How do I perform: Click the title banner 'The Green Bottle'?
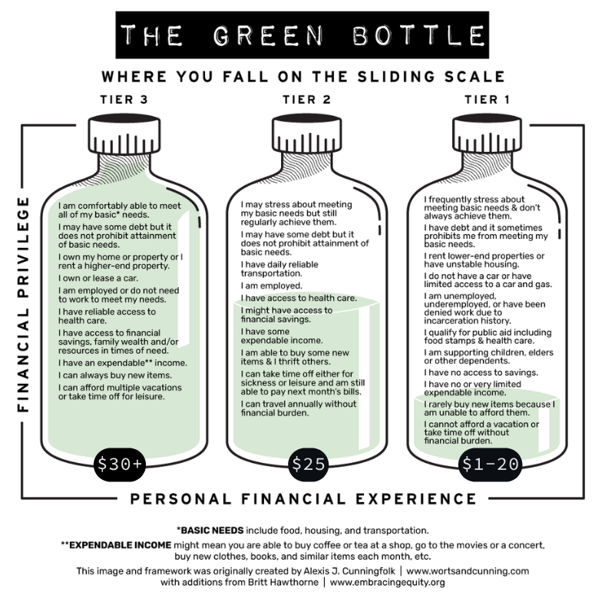click(x=302, y=35)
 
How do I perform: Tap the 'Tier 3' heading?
click(x=124, y=100)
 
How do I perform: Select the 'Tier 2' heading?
click(x=307, y=100)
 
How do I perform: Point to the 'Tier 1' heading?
click(x=488, y=100)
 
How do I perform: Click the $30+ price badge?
click(x=120, y=464)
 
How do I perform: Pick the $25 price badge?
click(x=309, y=464)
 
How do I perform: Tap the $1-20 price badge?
click(x=490, y=464)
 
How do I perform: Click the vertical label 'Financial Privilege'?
click(x=23, y=305)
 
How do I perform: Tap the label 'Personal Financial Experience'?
click(x=303, y=499)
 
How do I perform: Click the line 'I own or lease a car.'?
click(x=98, y=278)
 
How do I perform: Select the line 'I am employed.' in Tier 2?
click(x=272, y=286)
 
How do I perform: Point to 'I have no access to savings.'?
click(x=481, y=372)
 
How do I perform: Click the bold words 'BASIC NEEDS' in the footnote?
click(x=212, y=531)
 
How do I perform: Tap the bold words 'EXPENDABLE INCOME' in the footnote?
click(x=121, y=545)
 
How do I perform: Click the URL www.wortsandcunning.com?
click(x=468, y=571)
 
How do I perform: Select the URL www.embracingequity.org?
click(x=388, y=582)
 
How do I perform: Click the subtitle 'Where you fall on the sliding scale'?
click(x=303, y=77)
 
